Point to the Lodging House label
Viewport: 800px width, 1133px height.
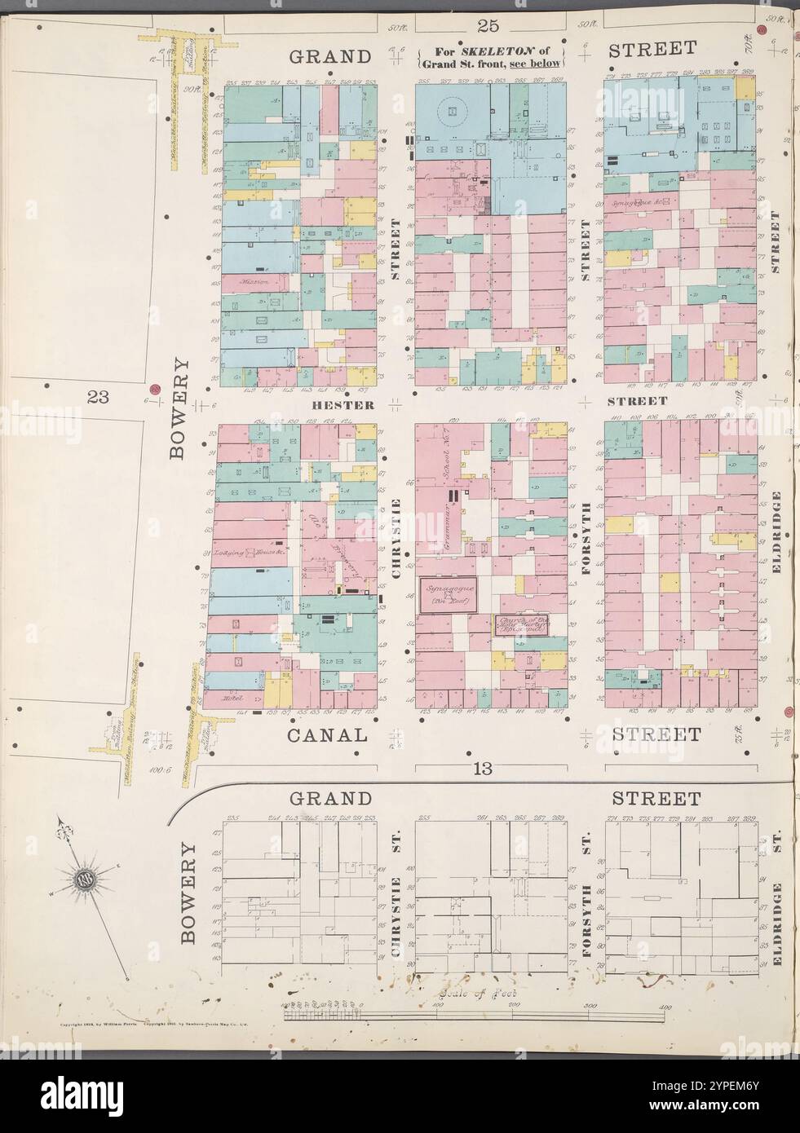pos(244,552)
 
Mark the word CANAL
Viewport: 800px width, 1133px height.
pos(326,734)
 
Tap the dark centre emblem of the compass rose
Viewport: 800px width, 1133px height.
pos(83,879)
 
